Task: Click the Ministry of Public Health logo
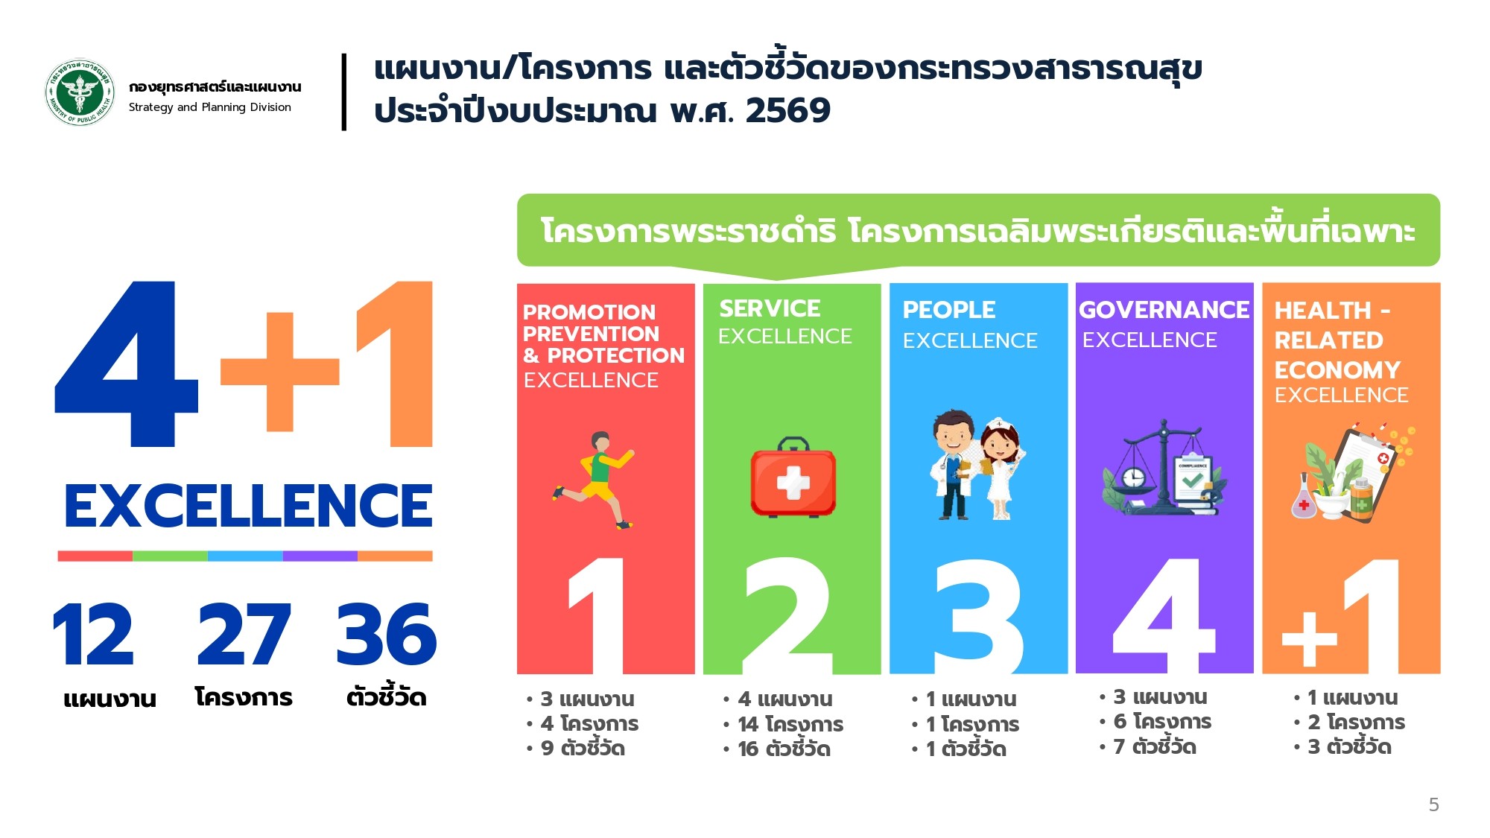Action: [80, 92]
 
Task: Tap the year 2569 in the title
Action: [787, 111]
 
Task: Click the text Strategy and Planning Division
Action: [209, 107]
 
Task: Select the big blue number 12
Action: [93, 634]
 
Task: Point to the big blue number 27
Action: [244, 634]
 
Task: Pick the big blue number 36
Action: [386, 634]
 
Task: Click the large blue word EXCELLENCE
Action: [248, 506]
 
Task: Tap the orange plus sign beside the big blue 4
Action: [279, 371]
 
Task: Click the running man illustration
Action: [594, 480]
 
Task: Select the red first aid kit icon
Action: [793, 477]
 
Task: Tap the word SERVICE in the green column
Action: [770, 308]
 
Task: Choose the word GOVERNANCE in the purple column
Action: [1164, 310]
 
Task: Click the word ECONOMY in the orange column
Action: [1337, 370]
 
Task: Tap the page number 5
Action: [1433, 804]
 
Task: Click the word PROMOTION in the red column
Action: [589, 312]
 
